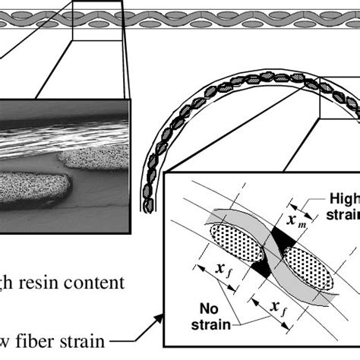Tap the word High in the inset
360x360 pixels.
click(343, 198)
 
